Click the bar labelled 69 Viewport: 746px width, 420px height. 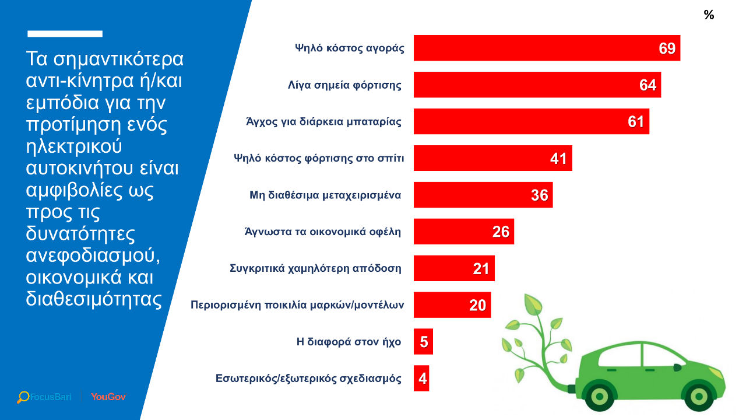point(547,48)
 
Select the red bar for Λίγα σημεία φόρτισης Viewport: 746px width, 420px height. point(537,85)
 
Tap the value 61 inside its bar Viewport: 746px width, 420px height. point(636,122)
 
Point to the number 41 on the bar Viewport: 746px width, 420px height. point(558,159)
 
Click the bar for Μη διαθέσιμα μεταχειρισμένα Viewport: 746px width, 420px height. point(483,195)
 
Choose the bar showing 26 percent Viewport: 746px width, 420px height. point(463,232)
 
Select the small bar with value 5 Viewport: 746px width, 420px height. point(423,342)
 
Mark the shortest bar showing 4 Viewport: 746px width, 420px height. point(421,379)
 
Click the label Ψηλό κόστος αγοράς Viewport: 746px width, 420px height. point(349,48)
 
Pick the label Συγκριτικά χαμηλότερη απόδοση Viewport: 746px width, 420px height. point(315,268)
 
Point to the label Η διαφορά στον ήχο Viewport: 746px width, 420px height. point(349,342)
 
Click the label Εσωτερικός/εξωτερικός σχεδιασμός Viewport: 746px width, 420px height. point(308,379)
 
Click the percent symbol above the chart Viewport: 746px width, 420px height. point(709,16)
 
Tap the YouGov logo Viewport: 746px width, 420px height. point(108,397)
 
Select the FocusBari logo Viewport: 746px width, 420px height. point(44,397)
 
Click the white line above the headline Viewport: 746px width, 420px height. point(65,34)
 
